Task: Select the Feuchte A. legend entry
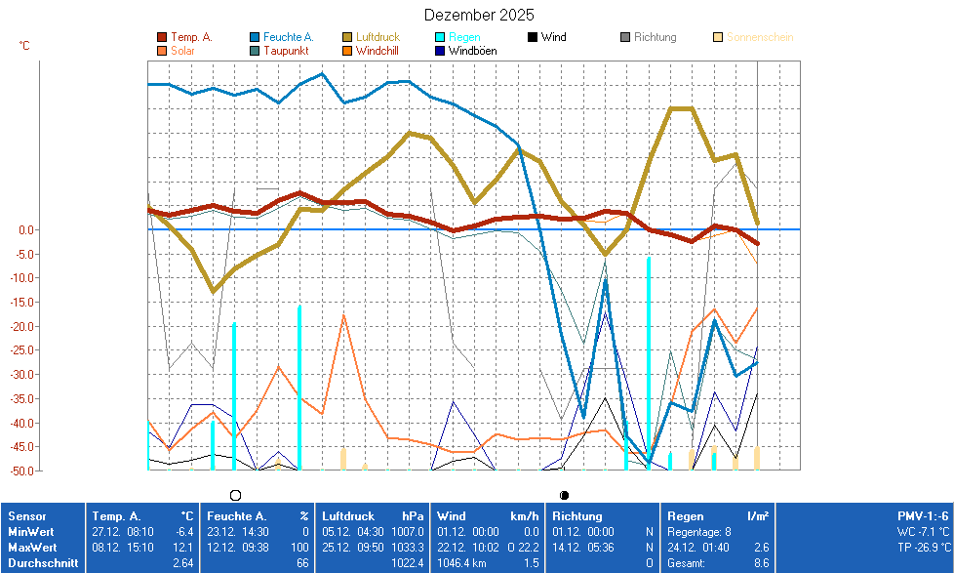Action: [288, 37]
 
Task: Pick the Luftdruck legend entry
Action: [378, 37]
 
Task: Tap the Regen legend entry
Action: [463, 37]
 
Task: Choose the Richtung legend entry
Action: [655, 37]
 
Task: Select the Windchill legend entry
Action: [377, 50]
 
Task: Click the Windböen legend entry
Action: [472, 50]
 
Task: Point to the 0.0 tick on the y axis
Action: [26, 230]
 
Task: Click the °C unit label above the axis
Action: [24, 46]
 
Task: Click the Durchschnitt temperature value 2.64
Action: [182, 563]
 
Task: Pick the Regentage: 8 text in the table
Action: [698, 532]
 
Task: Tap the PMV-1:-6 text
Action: [923, 516]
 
